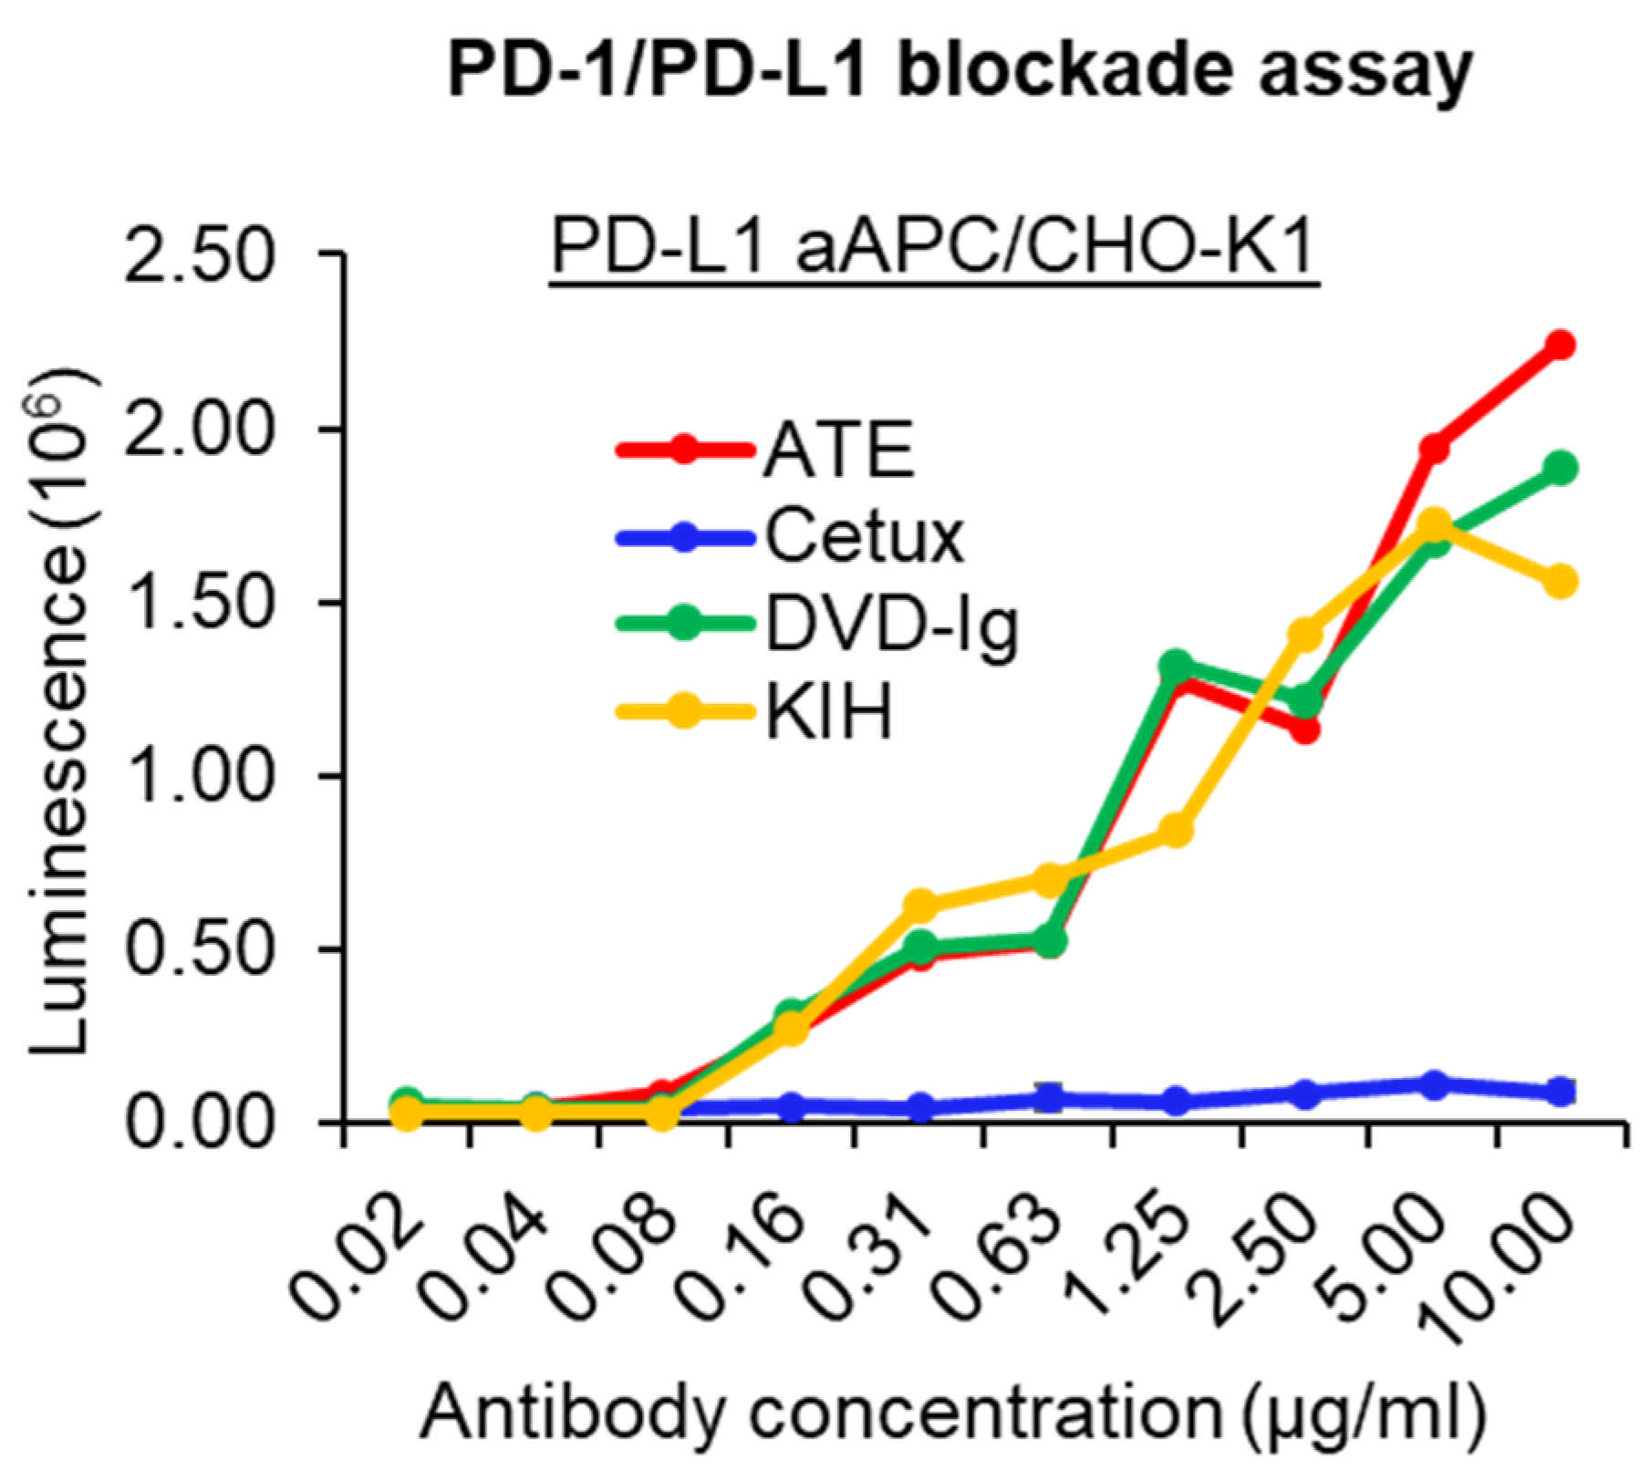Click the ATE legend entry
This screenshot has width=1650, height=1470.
point(838,450)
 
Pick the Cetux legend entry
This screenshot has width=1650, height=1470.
point(863,537)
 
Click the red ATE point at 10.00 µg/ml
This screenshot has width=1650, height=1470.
point(1562,345)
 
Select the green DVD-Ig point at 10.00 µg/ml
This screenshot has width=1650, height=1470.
point(1562,469)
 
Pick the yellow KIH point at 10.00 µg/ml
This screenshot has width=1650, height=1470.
point(1562,581)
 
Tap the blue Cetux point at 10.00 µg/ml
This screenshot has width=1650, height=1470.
point(1562,1091)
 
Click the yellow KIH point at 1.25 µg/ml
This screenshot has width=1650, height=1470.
point(1178,830)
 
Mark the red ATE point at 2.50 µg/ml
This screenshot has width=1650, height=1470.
point(1305,730)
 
